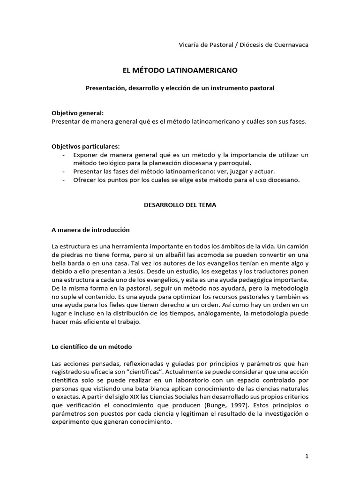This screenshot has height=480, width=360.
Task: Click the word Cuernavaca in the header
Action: (x=292, y=45)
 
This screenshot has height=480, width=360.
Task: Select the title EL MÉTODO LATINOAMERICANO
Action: (x=180, y=70)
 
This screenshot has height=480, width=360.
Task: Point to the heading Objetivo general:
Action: (x=77, y=113)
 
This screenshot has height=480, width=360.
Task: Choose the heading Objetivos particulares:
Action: (x=85, y=146)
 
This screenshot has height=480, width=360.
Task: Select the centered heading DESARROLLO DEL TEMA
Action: (x=180, y=205)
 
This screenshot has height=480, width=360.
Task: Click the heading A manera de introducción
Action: (x=90, y=230)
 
